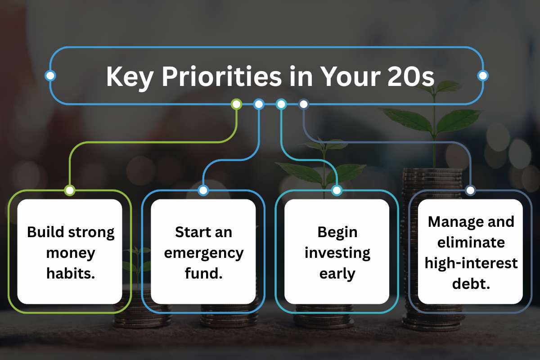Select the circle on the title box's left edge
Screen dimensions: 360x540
(50, 76)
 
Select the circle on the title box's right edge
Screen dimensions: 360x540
(483, 76)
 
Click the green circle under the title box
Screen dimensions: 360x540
(236, 104)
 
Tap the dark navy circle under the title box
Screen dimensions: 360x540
(304, 104)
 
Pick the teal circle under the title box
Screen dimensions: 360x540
(281, 104)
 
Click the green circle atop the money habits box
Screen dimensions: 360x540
(69, 190)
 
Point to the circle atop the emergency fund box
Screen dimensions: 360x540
(203, 190)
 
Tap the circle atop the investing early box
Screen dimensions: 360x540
(337, 190)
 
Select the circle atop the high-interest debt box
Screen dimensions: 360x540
(470, 190)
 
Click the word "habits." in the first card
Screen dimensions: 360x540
(71, 273)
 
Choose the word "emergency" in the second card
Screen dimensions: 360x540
(203, 252)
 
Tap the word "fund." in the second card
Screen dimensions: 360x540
(203, 273)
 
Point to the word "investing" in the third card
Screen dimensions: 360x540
(337, 252)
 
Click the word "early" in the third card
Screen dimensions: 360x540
(337, 273)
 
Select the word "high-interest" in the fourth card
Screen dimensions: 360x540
(471, 263)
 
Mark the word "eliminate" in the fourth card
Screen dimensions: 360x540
(471, 242)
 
